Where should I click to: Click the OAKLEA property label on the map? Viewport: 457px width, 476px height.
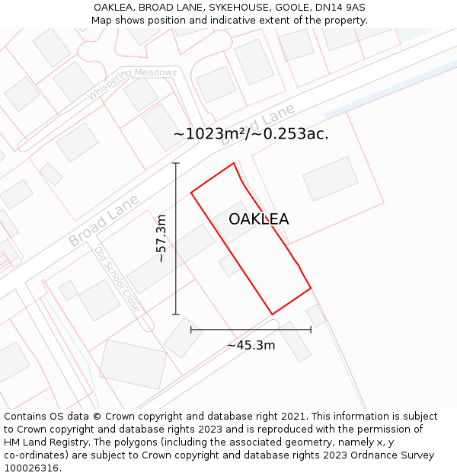[x=258, y=219]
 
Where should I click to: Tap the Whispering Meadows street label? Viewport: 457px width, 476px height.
[x=132, y=82]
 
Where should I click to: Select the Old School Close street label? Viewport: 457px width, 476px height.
[x=117, y=279]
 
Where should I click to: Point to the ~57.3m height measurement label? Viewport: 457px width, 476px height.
[x=161, y=238]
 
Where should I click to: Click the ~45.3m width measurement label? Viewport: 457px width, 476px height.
[x=251, y=345]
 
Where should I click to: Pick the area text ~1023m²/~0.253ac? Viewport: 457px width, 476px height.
[x=251, y=134]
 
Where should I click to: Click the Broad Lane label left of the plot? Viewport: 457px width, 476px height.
[x=104, y=220]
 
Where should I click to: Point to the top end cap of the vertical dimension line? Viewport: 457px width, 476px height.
[x=176, y=163]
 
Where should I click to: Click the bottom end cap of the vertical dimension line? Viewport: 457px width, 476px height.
[x=176, y=314]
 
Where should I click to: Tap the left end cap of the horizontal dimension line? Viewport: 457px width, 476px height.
[x=191, y=330]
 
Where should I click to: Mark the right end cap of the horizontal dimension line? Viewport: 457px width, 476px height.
[x=311, y=330]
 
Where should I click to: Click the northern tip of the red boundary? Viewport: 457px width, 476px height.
[x=233, y=163]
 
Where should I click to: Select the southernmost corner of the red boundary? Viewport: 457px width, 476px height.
[x=272, y=314]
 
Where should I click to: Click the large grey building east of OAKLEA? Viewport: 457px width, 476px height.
[x=330, y=178]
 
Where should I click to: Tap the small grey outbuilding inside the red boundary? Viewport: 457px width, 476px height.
[x=229, y=264]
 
